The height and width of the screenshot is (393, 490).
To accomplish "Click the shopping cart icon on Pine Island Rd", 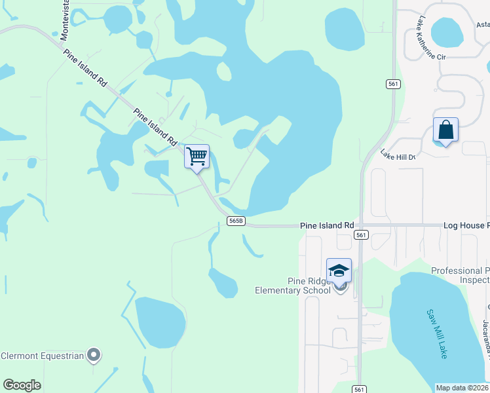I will [x=197, y=157].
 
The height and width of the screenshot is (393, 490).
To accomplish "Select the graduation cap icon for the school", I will [x=339, y=270].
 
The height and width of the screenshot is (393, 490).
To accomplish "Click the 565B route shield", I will [x=236, y=221].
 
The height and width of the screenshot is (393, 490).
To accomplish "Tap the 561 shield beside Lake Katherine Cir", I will [x=392, y=83].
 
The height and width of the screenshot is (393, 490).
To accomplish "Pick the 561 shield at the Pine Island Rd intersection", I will [x=360, y=234].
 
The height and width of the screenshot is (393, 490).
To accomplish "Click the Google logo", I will [x=22, y=385].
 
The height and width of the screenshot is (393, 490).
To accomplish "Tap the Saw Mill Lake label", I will [x=437, y=333].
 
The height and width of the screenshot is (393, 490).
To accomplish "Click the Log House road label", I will [x=466, y=225].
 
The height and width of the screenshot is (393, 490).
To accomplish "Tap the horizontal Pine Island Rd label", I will [x=327, y=225].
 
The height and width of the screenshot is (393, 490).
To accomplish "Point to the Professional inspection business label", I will [x=460, y=275].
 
